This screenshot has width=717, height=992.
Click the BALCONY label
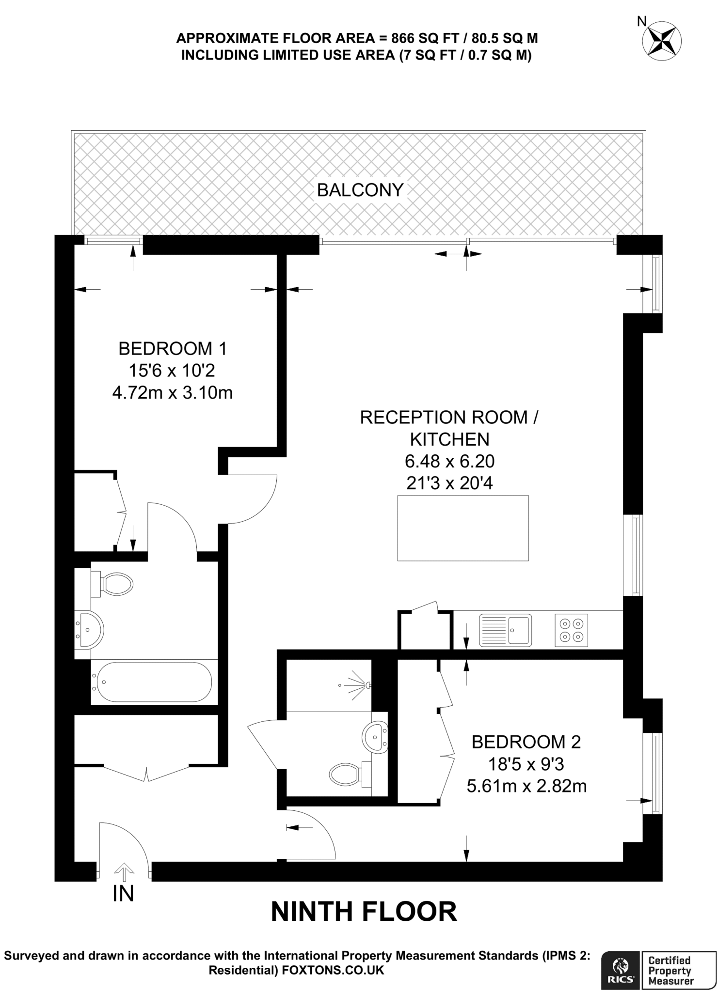[x=360, y=190]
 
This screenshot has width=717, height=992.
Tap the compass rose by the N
[x=661, y=41]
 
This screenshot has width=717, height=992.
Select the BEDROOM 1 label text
[x=173, y=348]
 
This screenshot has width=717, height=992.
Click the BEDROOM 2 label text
[x=526, y=742]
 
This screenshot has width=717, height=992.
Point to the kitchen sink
[x=505, y=630]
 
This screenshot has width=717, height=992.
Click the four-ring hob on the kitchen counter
[x=571, y=630]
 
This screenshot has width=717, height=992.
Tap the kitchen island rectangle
[x=462, y=528]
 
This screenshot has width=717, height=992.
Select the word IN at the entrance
[x=123, y=894]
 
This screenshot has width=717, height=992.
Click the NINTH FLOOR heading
[x=364, y=912]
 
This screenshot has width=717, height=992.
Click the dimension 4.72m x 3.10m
[x=173, y=392]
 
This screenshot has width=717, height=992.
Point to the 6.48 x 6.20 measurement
[x=449, y=461]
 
